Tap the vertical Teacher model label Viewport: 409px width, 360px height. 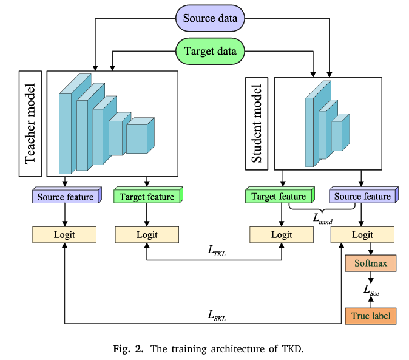tap(30, 124)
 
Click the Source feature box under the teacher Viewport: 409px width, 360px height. tap(66, 197)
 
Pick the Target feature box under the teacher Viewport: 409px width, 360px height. tap(147, 197)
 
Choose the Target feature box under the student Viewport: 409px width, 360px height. tap(279, 196)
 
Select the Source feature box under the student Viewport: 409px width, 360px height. tap(362, 196)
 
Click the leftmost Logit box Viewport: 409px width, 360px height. tap(64, 234)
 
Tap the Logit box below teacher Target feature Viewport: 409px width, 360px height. tap(147, 234)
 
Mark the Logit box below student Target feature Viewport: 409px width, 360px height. tap(281, 234)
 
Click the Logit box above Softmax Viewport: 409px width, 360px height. tap(362, 234)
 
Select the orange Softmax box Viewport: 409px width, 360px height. tap(370, 263)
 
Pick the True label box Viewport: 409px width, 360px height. tap(370, 316)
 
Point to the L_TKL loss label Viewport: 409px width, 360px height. tap(214, 250)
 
